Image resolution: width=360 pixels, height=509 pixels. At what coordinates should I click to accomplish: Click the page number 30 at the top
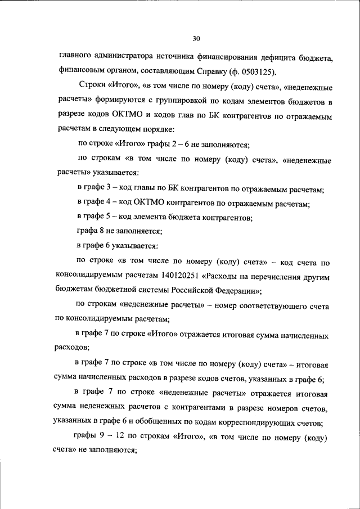point(196,39)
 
